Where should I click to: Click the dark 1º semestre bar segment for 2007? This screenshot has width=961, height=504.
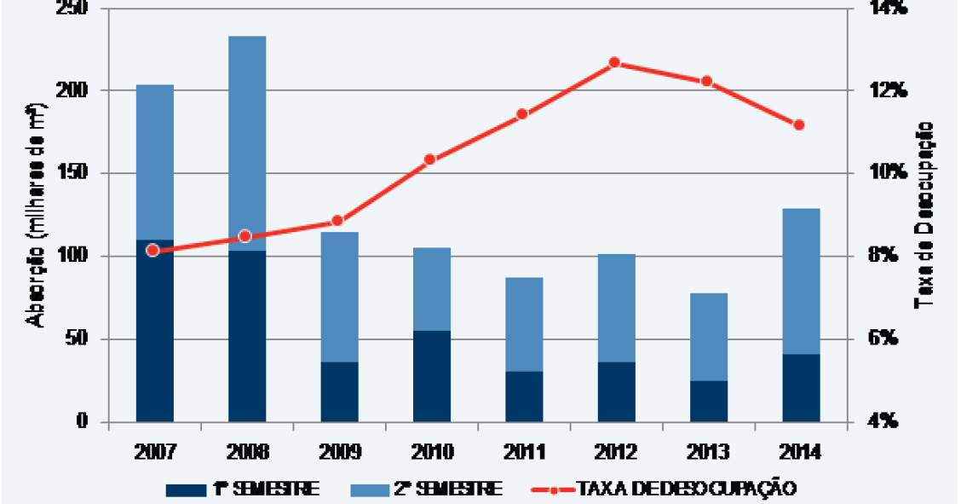[154, 331]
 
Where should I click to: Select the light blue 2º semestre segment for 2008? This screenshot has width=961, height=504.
[247, 143]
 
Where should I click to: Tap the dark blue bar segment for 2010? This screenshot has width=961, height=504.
[431, 376]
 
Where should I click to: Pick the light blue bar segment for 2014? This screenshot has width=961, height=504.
[801, 281]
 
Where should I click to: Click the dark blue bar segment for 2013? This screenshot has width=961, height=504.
[709, 401]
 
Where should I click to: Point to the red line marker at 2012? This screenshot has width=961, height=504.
[615, 62]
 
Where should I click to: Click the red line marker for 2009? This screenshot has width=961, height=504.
[337, 221]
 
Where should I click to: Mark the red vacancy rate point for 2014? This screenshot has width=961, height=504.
[799, 125]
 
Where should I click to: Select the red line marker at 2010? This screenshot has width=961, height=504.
[430, 159]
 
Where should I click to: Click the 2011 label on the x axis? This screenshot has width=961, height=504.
[522, 451]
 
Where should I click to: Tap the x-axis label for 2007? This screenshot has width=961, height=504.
[154, 451]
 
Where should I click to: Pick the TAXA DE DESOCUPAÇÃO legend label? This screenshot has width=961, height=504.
[687, 489]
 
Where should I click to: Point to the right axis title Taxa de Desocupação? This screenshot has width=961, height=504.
[924, 214]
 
